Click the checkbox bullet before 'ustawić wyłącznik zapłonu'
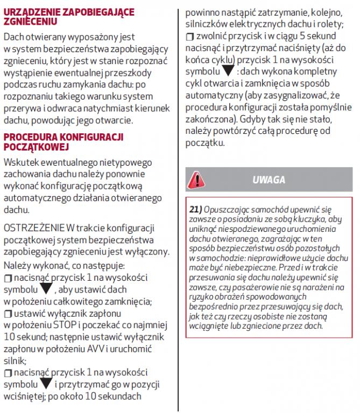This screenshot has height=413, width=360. (7, 314)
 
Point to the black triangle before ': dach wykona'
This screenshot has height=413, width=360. (228, 72)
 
